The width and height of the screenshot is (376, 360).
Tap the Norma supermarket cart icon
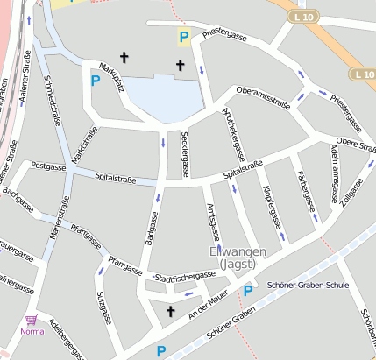pyautogui.click(x=32, y=321)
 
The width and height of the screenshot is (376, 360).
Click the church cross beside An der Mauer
pyautogui.click(x=170, y=311)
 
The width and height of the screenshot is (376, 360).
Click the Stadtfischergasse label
pyautogui.click(x=184, y=277)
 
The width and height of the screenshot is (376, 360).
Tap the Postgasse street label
pyautogui.click(x=47, y=165)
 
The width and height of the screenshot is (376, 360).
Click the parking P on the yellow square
pyautogui.click(x=183, y=37)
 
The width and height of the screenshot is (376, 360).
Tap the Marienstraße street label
pyautogui.click(x=63, y=218)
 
